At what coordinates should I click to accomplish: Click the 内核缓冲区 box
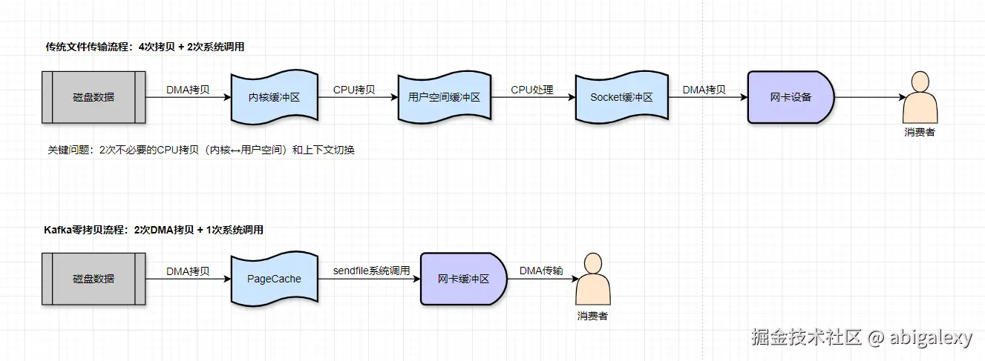click(x=274, y=97)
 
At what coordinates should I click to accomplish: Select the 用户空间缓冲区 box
click(x=444, y=97)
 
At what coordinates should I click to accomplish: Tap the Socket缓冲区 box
click(x=622, y=97)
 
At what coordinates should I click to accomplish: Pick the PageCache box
click(x=274, y=279)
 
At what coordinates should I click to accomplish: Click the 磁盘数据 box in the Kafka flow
click(x=94, y=279)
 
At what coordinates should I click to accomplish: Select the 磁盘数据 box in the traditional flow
click(x=94, y=97)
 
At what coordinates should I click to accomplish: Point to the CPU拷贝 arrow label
click(x=353, y=90)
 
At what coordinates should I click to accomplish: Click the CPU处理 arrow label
click(x=531, y=90)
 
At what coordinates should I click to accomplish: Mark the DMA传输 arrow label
click(x=540, y=271)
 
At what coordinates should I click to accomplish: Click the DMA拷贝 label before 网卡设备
click(x=704, y=90)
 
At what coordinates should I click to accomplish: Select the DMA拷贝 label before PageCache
click(x=188, y=271)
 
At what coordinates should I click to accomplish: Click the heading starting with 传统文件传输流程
click(x=145, y=47)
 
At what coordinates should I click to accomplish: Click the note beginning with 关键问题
click(x=201, y=150)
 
